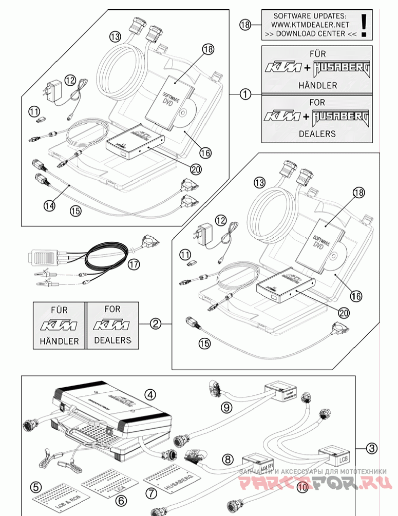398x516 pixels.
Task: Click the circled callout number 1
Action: coord(245,94)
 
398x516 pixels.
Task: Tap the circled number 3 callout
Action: coord(372,448)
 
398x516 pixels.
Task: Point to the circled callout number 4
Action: coord(149,394)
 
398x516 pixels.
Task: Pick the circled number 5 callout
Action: coord(35,486)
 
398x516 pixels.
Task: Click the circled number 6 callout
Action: coord(120,499)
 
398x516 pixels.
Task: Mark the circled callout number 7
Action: coord(150,493)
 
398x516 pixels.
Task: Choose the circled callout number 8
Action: coord(227,458)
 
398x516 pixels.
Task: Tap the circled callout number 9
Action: coord(226,408)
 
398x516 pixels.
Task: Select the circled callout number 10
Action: coord(302,485)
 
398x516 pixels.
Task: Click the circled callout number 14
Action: coord(49,205)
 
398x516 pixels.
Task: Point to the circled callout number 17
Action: coord(134,265)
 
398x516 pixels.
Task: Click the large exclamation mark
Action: coord(364,24)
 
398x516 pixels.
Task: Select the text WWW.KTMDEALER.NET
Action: coord(310,25)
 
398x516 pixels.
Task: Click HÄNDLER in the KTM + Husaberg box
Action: coord(317,85)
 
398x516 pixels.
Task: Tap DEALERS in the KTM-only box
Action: coord(112,340)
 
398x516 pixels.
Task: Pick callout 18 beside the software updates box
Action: coord(245,24)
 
